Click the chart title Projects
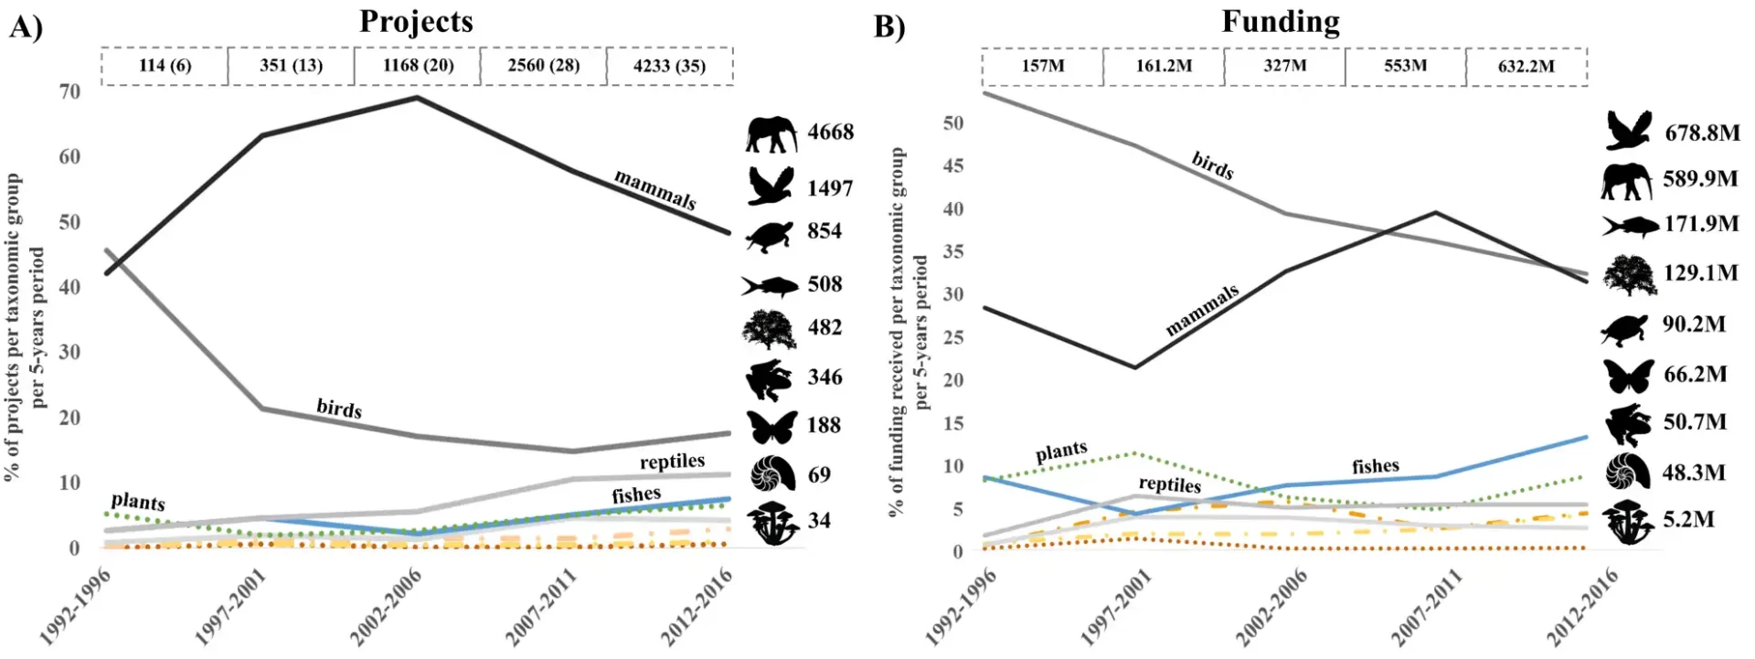pyautogui.click(x=416, y=21)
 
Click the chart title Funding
pyautogui.click(x=1281, y=21)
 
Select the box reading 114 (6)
pyautogui.click(x=165, y=66)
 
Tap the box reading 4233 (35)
pyautogui.click(x=669, y=66)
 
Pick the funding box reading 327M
pyautogui.click(x=1284, y=66)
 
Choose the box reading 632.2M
pyautogui.click(x=1526, y=67)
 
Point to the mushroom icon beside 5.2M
pyautogui.click(x=1628, y=522)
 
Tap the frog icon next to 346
pyautogui.click(x=771, y=379)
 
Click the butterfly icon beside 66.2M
pyautogui.click(x=1628, y=376)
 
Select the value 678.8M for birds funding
pyautogui.click(x=1702, y=133)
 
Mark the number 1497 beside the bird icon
pyautogui.click(x=829, y=188)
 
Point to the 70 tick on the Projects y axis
pyautogui.click(x=69, y=91)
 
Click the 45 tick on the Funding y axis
pyautogui.click(x=952, y=165)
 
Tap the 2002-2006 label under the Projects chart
pyautogui.click(x=386, y=605)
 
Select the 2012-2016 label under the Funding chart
pyautogui.click(x=1582, y=605)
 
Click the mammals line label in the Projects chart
pyautogui.click(x=654, y=189)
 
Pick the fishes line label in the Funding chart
pyautogui.click(x=1376, y=467)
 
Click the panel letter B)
pyautogui.click(x=889, y=27)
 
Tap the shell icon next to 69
pyautogui.click(x=772, y=474)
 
